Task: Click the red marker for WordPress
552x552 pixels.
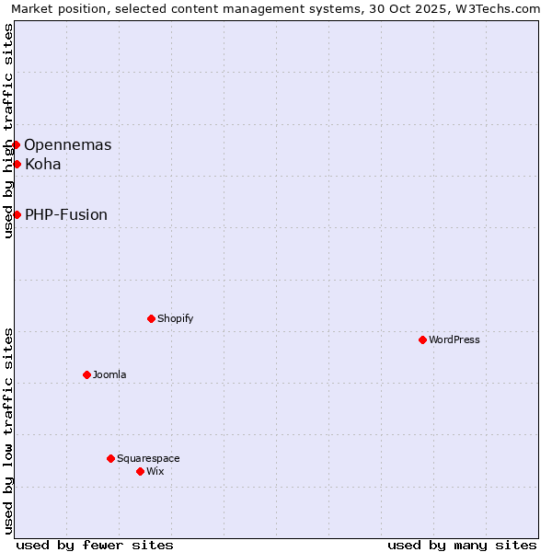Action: click(x=422, y=339)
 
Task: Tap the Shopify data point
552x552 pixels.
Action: click(x=151, y=318)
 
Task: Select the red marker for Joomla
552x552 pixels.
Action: click(x=86, y=374)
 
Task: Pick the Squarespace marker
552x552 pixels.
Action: click(x=110, y=458)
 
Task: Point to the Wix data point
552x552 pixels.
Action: click(x=140, y=471)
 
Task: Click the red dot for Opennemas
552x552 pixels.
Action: click(x=16, y=144)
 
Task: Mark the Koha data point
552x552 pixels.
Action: click(x=17, y=164)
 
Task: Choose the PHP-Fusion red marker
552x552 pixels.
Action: click(x=17, y=214)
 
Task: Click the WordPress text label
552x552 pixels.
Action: click(x=454, y=339)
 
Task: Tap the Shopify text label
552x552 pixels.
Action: click(x=175, y=318)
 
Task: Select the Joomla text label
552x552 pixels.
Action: click(x=109, y=374)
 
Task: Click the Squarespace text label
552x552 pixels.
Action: click(x=148, y=458)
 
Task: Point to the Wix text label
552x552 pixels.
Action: click(x=155, y=471)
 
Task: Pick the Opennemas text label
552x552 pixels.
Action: click(x=68, y=144)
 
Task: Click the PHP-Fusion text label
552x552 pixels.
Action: click(x=66, y=214)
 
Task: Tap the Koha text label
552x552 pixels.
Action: click(x=43, y=164)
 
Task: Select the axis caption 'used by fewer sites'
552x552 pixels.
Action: click(x=95, y=545)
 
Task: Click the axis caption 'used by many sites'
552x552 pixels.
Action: click(x=462, y=545)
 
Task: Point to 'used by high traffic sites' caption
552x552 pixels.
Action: click(x=8, y=131)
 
